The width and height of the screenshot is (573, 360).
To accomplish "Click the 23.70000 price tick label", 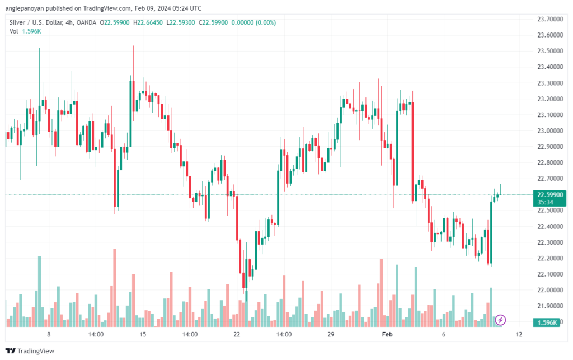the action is [550, 19].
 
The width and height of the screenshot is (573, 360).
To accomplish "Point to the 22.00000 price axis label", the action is [550, 290].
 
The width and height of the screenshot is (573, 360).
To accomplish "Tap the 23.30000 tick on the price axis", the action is [550, 83].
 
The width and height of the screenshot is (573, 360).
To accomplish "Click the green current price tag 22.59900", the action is [549, 195].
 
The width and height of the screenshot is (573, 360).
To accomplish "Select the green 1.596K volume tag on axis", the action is [547, 322].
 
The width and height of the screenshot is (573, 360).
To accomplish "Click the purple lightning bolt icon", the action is [500, 320].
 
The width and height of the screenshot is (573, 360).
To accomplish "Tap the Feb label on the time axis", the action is [387, 334].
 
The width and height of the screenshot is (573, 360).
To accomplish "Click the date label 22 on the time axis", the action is [237, 334].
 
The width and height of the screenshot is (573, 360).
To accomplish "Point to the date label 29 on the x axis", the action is [331, 334].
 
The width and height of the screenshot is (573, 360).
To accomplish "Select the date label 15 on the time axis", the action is [143, 334].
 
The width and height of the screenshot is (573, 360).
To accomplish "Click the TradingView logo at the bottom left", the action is [30, 351].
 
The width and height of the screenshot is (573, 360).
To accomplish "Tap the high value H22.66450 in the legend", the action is [148, 22].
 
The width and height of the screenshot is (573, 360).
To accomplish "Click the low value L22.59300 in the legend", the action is [181, 22].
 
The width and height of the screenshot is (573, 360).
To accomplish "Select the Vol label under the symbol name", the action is [13, 31].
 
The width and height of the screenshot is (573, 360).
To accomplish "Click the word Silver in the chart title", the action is [17, 22].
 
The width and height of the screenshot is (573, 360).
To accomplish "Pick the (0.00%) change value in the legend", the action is [266, 22].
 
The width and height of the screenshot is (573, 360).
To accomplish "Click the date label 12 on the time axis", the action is [519, 334].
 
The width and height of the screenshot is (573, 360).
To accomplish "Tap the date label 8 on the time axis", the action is [49, 334].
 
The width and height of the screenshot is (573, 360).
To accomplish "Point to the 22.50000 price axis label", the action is [550, 210].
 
